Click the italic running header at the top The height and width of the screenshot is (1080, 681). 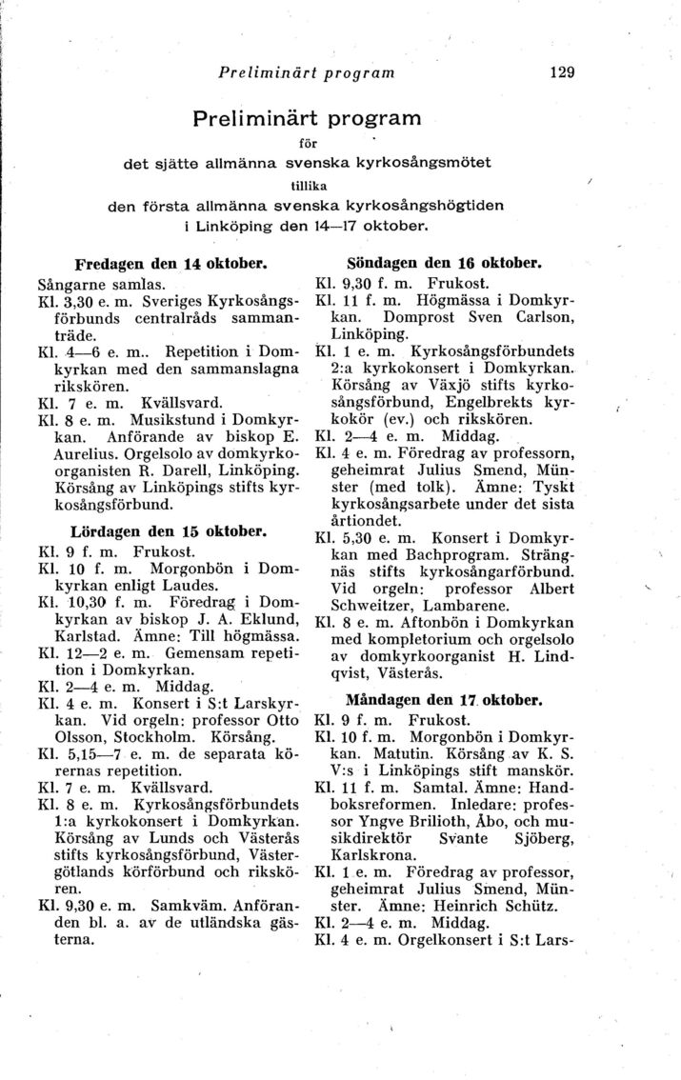306,71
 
